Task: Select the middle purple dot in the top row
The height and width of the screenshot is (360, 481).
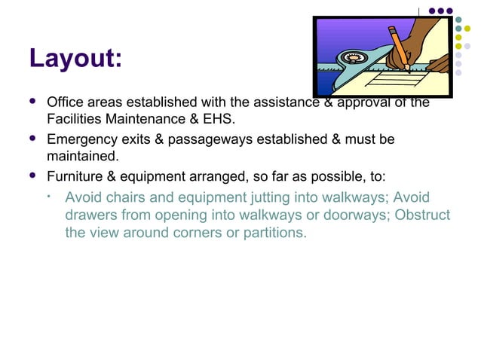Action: point(441,11)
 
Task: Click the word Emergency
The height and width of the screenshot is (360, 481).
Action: point(80,140)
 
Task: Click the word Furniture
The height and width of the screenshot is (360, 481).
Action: point(75,178)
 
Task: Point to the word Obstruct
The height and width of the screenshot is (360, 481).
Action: point(421,215)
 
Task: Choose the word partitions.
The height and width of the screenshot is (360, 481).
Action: point(274,233)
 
